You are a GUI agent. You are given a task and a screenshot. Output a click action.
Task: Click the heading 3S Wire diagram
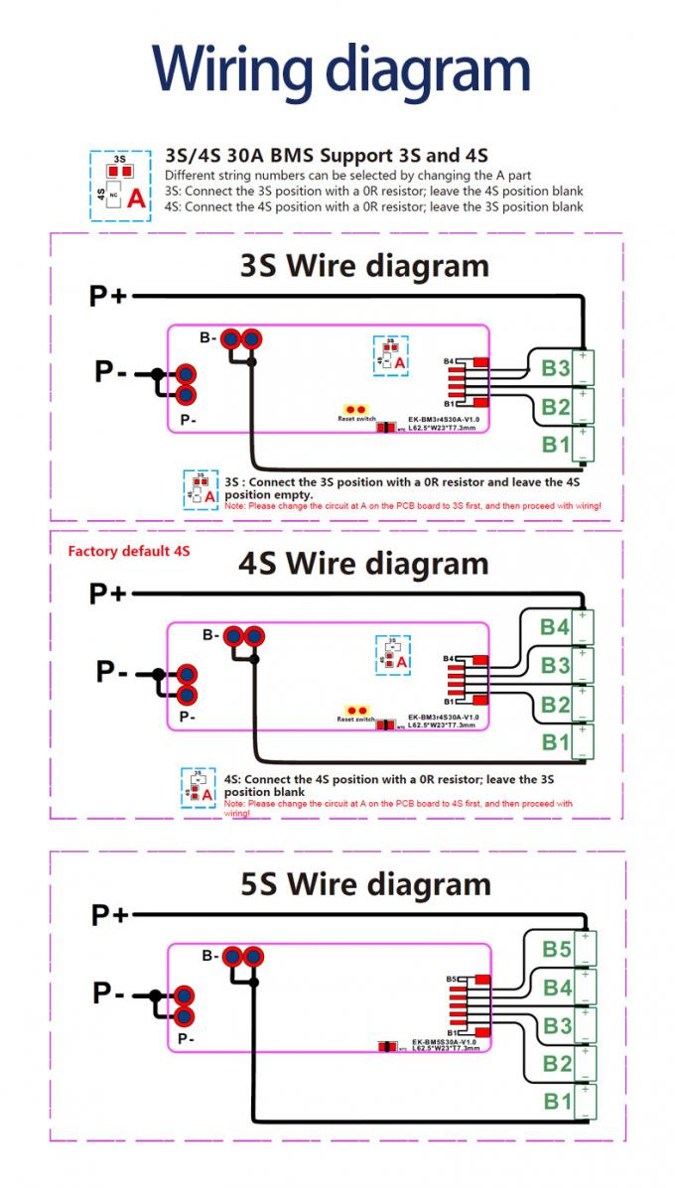364,266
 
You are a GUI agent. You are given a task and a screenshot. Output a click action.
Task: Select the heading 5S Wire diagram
365,883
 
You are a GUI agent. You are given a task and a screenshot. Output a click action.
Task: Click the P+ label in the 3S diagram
108,296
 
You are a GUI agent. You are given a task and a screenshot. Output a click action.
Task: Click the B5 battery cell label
557,950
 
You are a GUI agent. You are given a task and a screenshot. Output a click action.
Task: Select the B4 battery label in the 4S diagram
555,627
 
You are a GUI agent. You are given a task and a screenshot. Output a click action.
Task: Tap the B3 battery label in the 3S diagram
555,368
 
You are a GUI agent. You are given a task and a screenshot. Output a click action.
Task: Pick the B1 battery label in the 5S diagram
557,1101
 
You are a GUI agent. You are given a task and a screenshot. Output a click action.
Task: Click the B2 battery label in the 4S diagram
555,706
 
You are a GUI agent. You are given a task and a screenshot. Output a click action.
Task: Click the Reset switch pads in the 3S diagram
355,409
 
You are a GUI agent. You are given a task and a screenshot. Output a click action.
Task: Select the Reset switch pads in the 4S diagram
355,711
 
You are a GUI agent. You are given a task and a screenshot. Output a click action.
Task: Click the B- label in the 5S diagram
209,956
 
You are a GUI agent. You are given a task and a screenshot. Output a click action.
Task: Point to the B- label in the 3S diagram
208,338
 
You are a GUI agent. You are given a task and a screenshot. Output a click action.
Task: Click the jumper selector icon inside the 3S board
391,354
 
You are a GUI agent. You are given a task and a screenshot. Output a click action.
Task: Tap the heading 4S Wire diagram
363,564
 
